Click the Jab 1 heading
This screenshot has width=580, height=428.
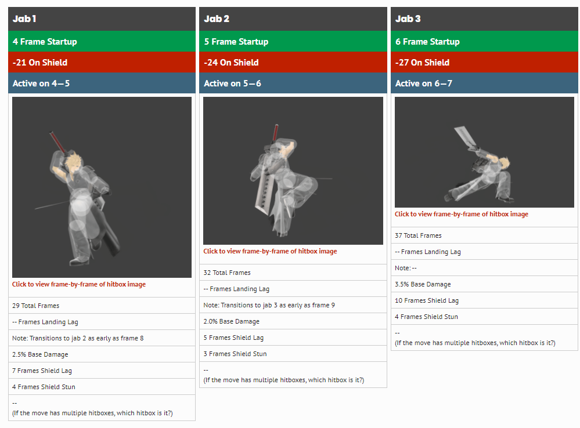click(24, 19)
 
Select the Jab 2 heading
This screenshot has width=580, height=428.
click(217, 19)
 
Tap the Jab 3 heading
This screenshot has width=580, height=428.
click(408, 19)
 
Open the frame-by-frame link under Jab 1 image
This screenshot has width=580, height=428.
click(79, 285)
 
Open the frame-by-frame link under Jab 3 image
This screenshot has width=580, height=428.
click(462, 214)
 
